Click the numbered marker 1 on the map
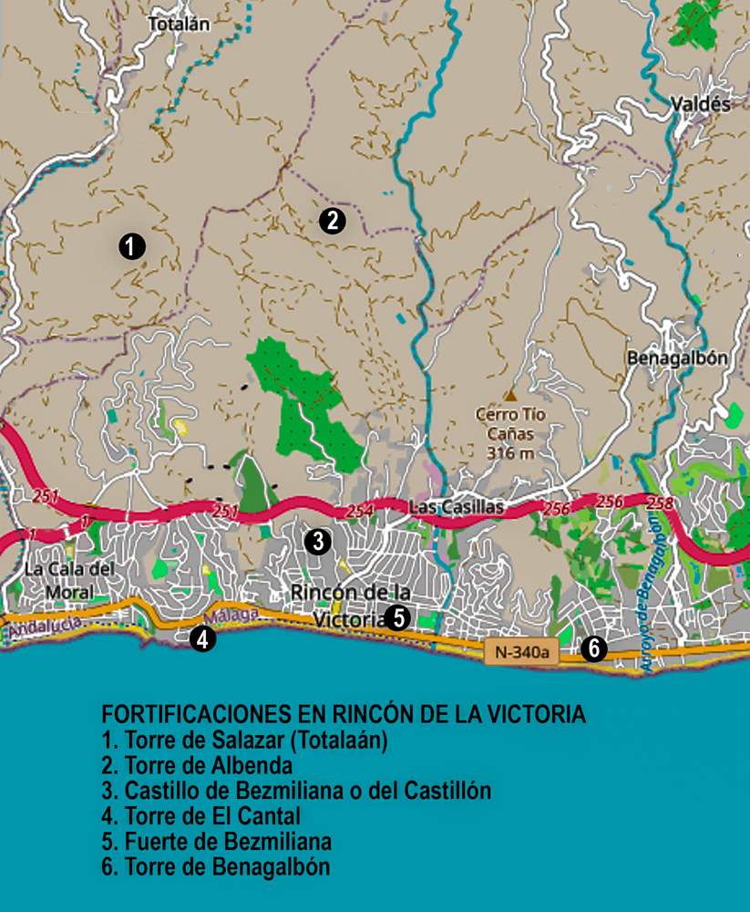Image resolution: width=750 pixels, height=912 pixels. [132, 245]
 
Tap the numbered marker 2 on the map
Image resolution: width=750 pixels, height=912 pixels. [332, 220]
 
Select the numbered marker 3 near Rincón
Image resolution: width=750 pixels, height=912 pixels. [317, 542]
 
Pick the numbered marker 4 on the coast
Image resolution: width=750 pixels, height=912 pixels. [203, 639]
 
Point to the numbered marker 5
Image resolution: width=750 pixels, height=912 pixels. [396, 617]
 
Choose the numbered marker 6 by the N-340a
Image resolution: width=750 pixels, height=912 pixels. [593, 648]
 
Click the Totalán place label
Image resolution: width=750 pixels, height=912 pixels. [179, 25]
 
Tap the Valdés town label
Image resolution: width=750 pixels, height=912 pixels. [700, 104]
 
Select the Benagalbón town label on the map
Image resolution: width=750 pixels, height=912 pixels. [677, 358]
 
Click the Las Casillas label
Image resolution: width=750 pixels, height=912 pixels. [446, 507]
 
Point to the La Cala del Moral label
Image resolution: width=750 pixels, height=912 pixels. [59, 581]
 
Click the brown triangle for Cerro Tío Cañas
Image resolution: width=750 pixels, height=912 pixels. [511, 396]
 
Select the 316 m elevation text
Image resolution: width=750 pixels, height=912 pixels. [510, 452]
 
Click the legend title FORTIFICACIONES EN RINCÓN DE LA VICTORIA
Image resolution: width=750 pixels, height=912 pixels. [343, 713]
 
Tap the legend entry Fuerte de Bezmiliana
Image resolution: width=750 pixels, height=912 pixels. [216, 841]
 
